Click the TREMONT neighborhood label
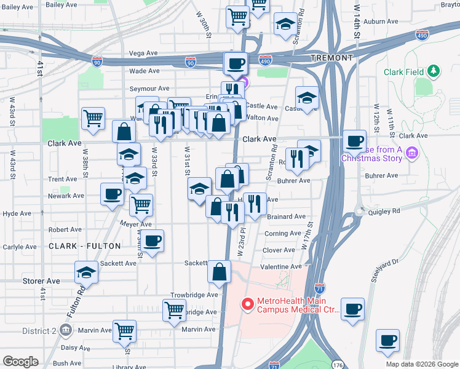click(332, 58)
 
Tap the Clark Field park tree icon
click(434, 72)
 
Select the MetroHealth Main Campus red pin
click(248, 304)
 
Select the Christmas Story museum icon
click(411, 152)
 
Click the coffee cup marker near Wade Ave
click(236, 63)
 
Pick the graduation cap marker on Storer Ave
click(87, 271)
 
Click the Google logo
click(20, 362)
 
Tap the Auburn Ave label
click(378, 22)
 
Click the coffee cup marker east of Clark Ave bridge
click(354, 140)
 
